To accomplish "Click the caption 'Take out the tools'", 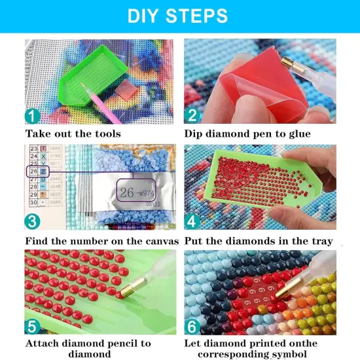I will click(x=73, y=134).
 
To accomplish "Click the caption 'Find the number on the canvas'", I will click(x=101, y=241).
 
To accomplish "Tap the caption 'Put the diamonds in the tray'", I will click(x=259, y=241).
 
